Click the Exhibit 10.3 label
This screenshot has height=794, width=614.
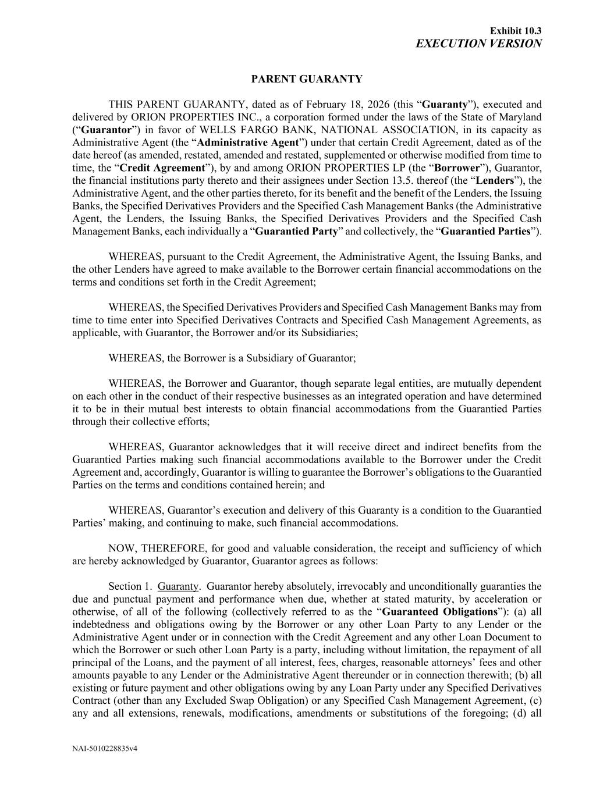click(x=516, y=30)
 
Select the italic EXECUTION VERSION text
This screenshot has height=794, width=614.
click(x=479, y=44)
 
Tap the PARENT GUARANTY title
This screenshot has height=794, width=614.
click(x=307, y=79)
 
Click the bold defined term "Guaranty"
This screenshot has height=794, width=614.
click(x=445, y=105)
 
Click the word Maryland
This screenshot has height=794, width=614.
click(x=521, y=118)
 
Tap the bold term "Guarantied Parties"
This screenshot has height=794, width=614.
click(x=487, y=232)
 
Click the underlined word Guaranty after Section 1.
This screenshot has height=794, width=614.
click(x=178, y=587)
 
